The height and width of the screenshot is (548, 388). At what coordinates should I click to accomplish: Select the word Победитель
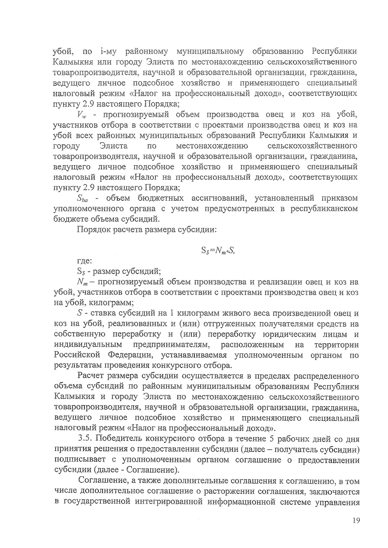tap(119, 439)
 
